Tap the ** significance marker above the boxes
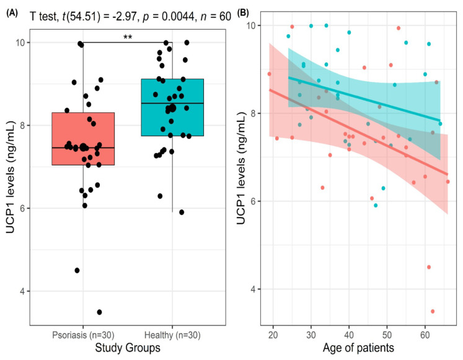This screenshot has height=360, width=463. [x=127, y=38]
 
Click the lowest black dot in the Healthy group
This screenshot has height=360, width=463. [x=182, y=212]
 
